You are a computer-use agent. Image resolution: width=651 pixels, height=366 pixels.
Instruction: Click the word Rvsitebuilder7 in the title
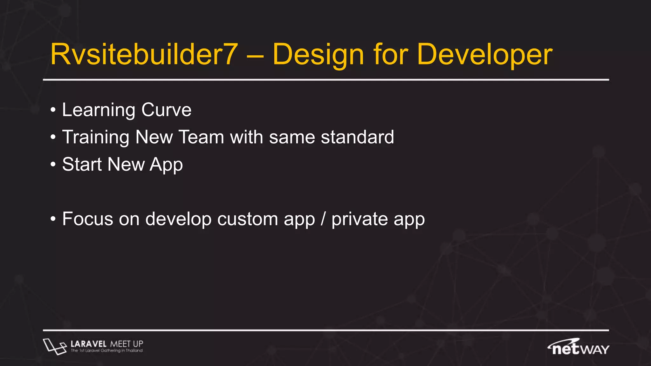[144, 54]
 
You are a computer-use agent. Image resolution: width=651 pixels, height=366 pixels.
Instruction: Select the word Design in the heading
[318, 54]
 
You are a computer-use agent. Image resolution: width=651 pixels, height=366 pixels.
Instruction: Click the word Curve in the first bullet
[166, 110]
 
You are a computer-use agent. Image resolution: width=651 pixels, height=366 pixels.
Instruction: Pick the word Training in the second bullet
[96, 137]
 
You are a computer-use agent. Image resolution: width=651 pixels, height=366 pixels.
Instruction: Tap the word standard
[357, 137]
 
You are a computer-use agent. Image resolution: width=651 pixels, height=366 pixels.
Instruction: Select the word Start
[82, 165]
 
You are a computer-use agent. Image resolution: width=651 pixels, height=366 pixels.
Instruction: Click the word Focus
[88, 219]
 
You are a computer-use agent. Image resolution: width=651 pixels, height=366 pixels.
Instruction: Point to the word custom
[248, 219]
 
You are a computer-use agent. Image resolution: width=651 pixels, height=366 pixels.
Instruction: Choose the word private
[360, 219]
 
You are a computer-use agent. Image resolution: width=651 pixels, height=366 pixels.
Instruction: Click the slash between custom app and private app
[323, 219]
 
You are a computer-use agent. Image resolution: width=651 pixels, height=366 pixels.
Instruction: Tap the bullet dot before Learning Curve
[53, 110]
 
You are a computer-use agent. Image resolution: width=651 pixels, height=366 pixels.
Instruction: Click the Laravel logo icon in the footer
[54, 346]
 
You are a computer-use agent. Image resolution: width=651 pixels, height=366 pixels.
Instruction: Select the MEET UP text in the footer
[127, 344]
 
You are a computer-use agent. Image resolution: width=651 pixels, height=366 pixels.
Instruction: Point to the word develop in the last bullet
[178, 219]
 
